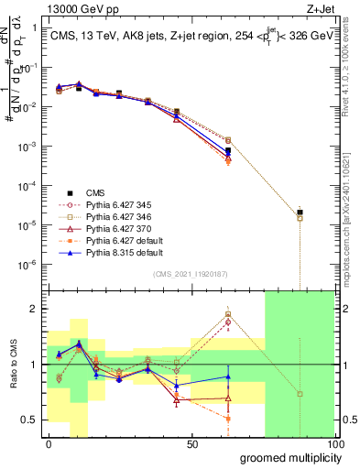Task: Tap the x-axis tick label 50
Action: [192, 445]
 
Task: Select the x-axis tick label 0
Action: [49, 445]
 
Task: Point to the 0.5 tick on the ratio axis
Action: [30, 420]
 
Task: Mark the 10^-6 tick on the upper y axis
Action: [29, 264]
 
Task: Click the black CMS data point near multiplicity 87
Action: [300, 213]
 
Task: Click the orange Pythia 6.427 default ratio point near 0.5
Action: [228, 419]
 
